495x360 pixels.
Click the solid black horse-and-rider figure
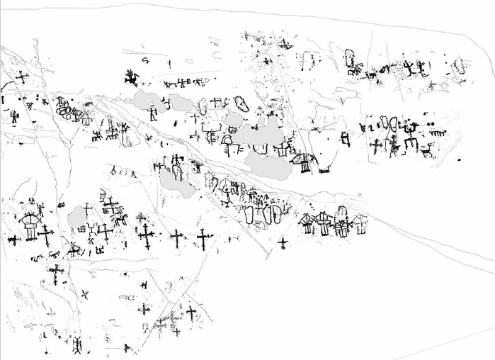point(132,75)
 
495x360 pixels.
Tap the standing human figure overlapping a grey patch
point(152,113)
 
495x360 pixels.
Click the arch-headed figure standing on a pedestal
point(30,225)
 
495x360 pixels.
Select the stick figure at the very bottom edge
point(77,346)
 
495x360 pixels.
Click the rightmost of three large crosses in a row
point(203,239)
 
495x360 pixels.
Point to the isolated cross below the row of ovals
point(283,244)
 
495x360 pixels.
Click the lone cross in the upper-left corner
point(22,78)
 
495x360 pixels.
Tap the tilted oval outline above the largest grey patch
point(239,105)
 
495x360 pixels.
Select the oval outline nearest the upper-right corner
point(459,68)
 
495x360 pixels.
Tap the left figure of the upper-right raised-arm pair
point(409,68)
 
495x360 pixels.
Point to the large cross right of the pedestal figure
point(47,235)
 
